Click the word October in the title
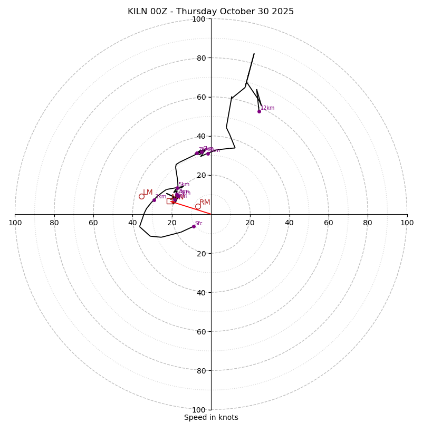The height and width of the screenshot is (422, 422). (235, 12)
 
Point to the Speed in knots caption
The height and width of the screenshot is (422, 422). (211, 417)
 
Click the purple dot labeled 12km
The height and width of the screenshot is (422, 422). (259, 111)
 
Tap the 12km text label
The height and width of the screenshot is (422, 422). (267, 108)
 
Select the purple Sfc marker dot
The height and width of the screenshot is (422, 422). (194, 226)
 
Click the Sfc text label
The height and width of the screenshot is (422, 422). (199, 223)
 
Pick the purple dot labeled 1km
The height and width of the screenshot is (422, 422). (154, 200)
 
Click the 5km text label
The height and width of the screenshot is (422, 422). (184, 185)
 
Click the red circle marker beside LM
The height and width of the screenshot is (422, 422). (141, 196)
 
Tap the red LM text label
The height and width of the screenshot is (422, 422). (148, 193)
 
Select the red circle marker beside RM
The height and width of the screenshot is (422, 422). (198, 206)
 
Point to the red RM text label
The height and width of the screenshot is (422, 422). (205, 202)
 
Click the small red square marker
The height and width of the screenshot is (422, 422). (169, 202)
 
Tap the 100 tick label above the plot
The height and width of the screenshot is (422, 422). (199, 20)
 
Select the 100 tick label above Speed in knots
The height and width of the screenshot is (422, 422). (199, 409)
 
